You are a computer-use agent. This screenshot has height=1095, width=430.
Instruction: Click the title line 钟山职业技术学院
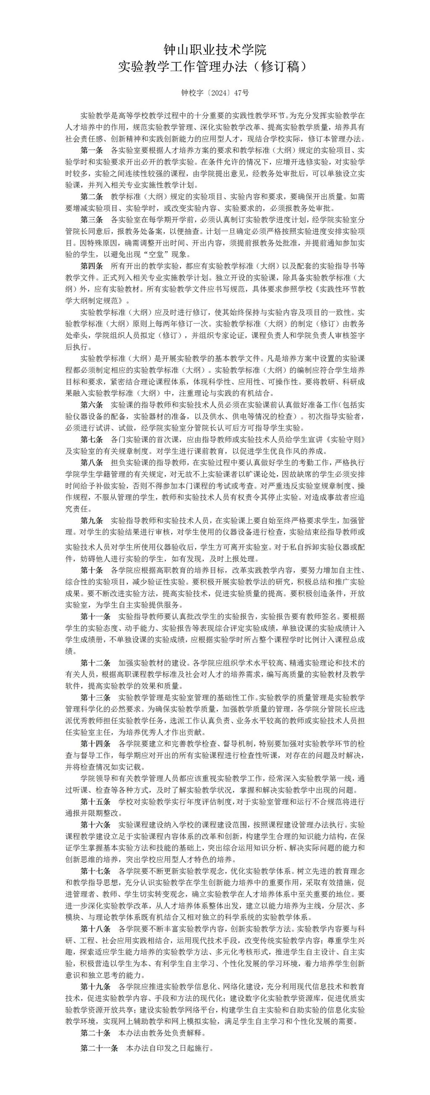point(215,50)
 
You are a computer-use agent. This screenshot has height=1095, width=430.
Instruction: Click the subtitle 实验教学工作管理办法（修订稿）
point(215,67)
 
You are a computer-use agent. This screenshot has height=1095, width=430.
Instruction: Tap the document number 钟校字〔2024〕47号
point(215,93)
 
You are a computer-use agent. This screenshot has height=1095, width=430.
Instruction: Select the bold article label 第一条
point(92,150)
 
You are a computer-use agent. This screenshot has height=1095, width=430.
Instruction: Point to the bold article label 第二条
point(92,196)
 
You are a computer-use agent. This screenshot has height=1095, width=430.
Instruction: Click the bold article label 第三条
point(92,220)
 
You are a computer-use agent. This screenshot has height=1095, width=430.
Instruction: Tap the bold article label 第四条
point(92,266)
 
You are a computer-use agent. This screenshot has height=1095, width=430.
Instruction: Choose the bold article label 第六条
point(92,404)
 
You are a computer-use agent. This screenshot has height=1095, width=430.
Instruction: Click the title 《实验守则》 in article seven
point(342,439)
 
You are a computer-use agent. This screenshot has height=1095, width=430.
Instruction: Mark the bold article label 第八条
point(92,462)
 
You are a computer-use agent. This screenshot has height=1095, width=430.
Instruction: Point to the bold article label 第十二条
point(96,663)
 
